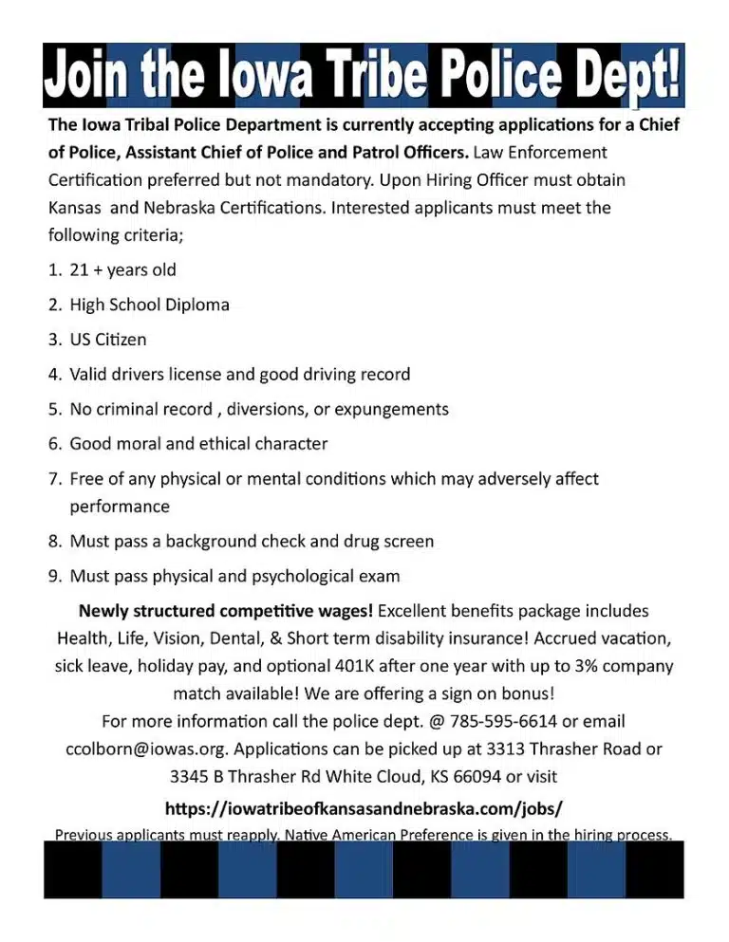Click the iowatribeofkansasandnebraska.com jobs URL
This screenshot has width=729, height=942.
[x=364, y=808]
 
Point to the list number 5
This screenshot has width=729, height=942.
[x=54, y=410]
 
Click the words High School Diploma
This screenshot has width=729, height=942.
[x=149, y=305]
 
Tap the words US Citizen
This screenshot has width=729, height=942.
[x=108, y=340]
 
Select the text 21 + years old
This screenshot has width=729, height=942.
[x=122, y=270]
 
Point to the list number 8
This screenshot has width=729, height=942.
[x=54, y=542]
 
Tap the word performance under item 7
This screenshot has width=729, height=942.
[x=120, y=507]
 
